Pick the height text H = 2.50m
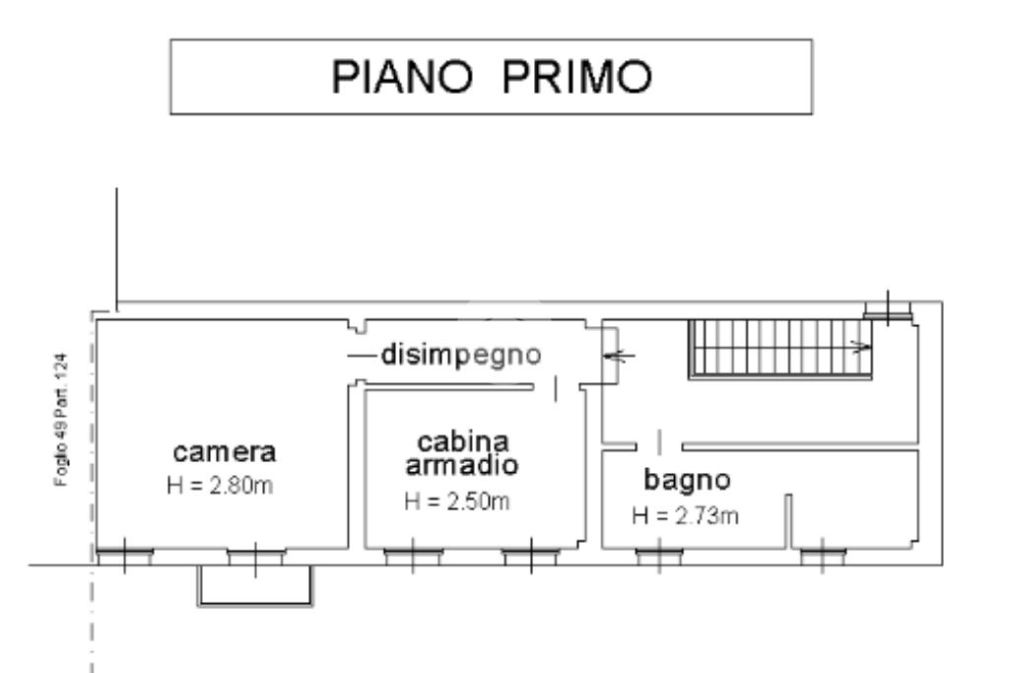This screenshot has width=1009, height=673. coord(457,502)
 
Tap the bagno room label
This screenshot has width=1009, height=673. coord(687,481)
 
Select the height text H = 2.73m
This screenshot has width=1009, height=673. coord(686,515)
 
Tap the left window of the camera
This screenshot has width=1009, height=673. coord(124,558)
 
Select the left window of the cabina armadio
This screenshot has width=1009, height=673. coord(413,558)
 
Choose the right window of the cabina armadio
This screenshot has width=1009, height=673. coord(530,558)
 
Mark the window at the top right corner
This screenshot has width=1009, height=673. coord(890,309)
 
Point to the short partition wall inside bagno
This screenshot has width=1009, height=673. coord(789,522)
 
